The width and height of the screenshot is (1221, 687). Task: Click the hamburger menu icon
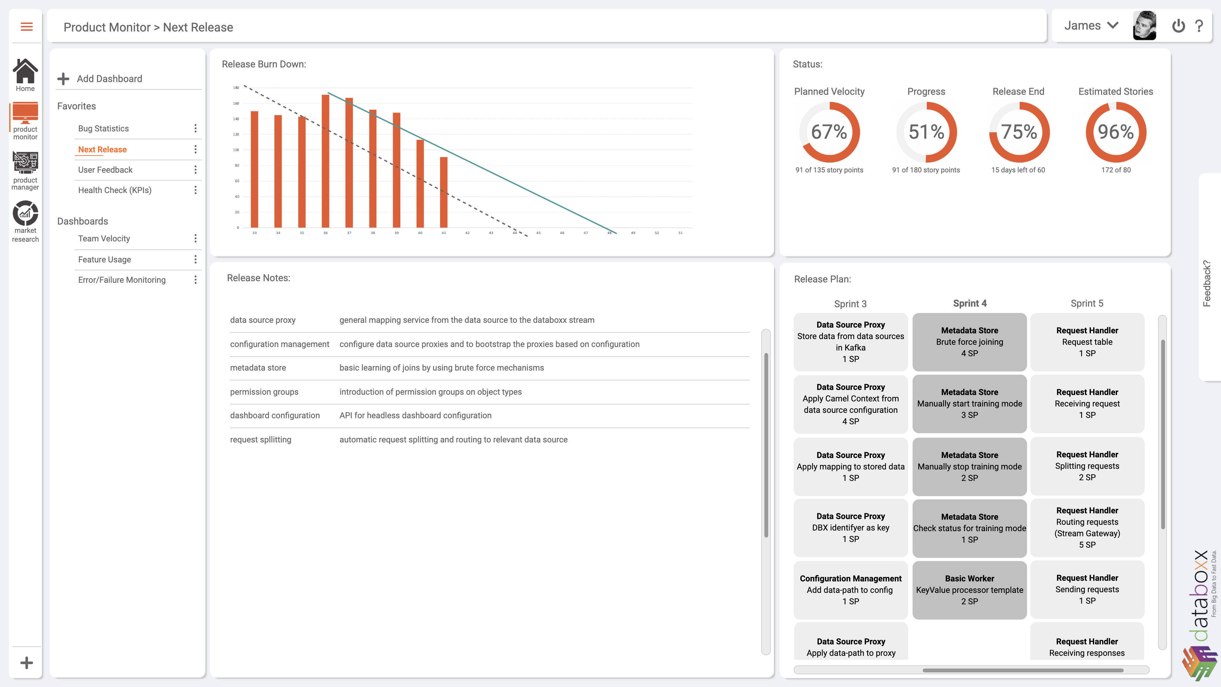tap(26, 26)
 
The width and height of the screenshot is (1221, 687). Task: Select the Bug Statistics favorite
tap(103, 128)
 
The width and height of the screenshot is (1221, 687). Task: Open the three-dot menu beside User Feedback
tap(195, 170)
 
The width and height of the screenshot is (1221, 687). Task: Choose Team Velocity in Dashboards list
tap(104, 239)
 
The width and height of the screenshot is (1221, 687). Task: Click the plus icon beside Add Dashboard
tap(63, 79)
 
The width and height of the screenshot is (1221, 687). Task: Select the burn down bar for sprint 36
tap(325, 161)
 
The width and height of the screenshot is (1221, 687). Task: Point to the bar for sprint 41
tap(444, 192)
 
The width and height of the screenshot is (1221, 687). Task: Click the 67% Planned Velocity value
tap(829, 132)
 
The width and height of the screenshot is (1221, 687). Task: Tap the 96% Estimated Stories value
tap(1116, 132)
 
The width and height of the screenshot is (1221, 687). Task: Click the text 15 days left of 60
tap(1018, 170)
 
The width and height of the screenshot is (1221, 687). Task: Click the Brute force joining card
tap(969, 342)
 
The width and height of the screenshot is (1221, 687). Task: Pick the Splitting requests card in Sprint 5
tap(1087, 466)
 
